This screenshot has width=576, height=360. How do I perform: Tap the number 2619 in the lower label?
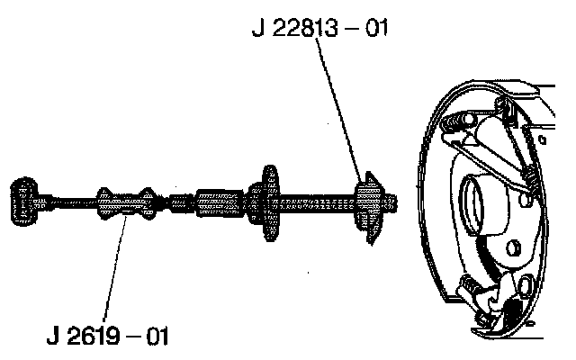(103, 338)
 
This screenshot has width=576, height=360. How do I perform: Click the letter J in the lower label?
(53, 338)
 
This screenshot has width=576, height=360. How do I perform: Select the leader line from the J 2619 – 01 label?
(112, 270)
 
